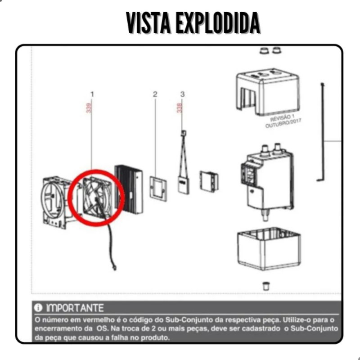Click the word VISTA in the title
(148, 23)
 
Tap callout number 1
(92, 94)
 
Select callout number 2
(155, 94)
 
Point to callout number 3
(182, 94)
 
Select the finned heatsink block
(129, 188)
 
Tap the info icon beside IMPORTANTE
(39, 308)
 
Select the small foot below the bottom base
(266, 285)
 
